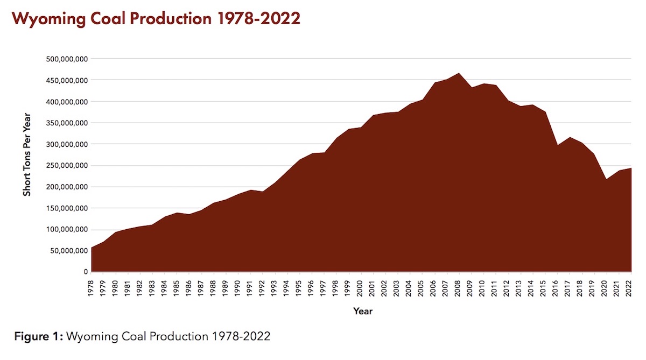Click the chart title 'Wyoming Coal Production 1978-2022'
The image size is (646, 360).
point(156,18)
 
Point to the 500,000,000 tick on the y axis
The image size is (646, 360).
point(65,59)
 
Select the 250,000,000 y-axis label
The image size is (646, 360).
point(65,165)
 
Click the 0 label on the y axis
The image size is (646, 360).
point(85,272)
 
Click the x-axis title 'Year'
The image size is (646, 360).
point(362,311)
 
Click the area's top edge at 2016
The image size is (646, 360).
point(557,145)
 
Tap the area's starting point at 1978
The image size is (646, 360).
point(92,248)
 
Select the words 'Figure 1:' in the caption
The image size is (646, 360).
point(38,337)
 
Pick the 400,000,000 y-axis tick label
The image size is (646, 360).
point(65,101)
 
